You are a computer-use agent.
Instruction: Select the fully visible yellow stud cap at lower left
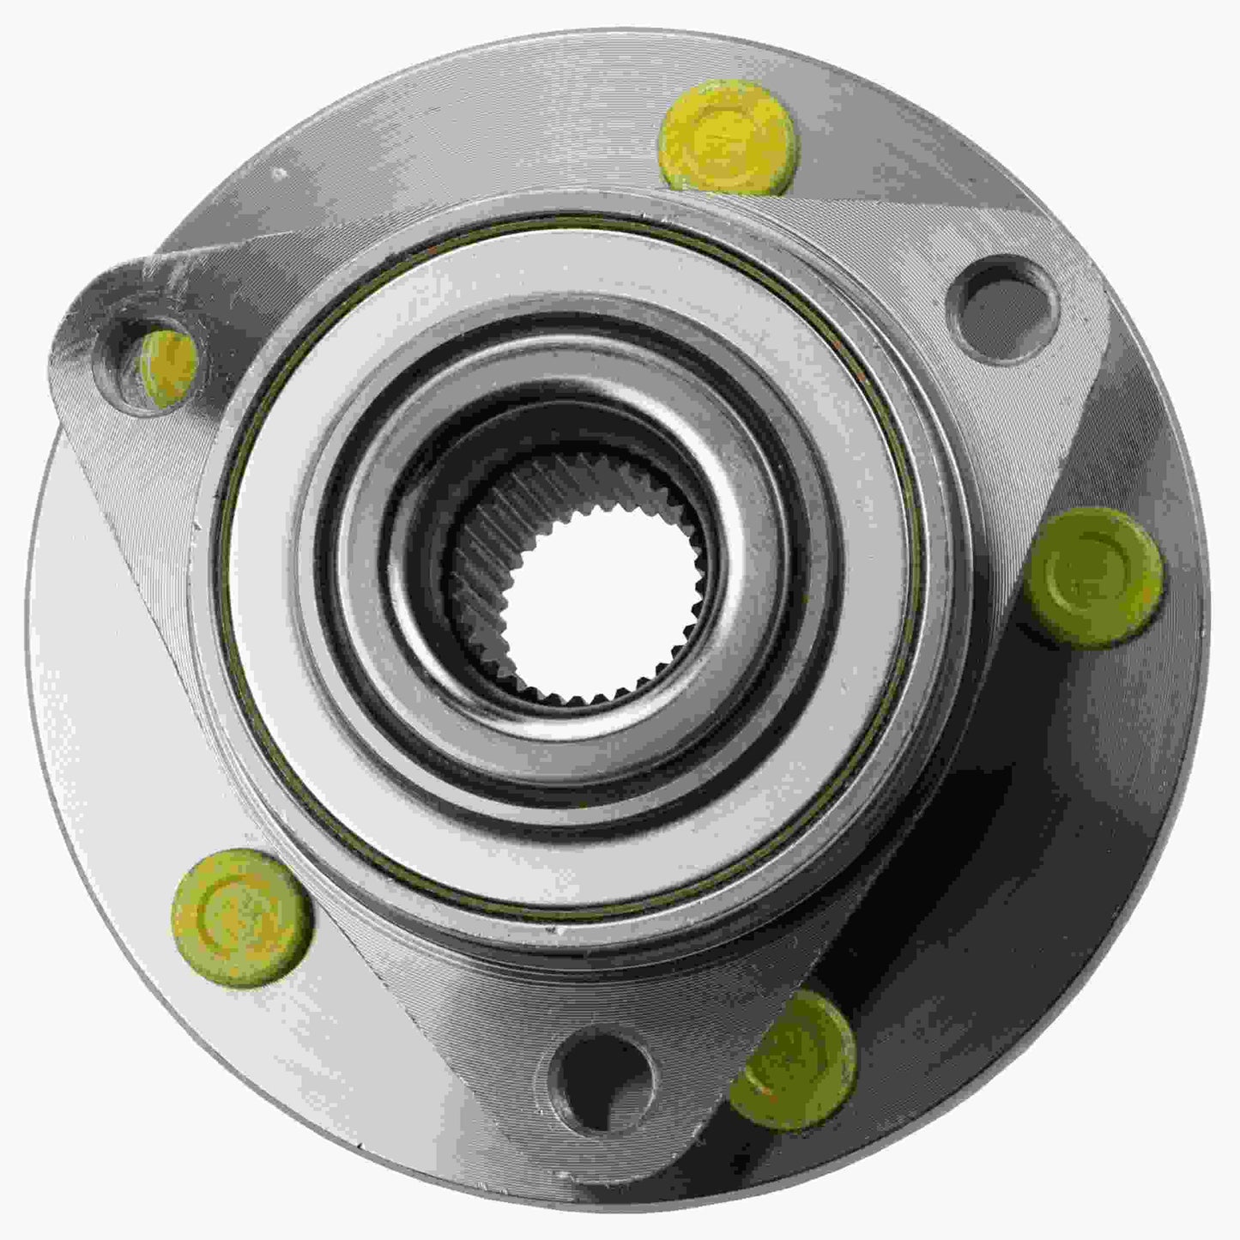pyautogui.click(x=242, y=917)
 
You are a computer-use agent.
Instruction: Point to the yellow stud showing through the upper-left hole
pyautogui.click(x=169, y=365)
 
